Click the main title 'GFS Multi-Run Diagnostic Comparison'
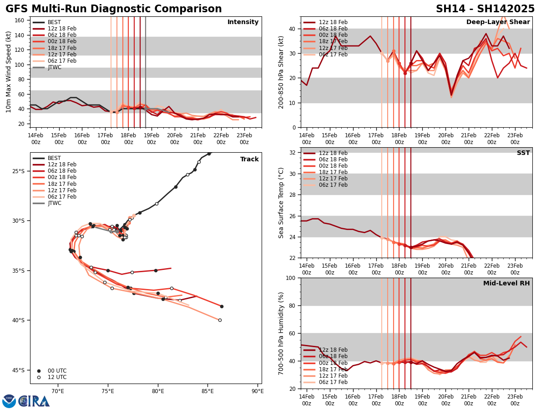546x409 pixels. coord(114,9)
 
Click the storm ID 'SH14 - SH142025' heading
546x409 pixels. coord(485,9)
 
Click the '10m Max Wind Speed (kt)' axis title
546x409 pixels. coord(9,72)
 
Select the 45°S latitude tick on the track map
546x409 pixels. coord(18,370)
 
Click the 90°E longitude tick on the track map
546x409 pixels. coord(258,391)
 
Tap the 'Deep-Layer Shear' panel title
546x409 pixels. coord(498,22)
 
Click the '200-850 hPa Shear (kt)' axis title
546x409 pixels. coord(281,72)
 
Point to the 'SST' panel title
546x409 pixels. coord(523,153)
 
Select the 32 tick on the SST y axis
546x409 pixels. coord(293,153)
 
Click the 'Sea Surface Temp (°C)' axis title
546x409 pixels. coord(281,203)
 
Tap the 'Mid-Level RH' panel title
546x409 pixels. coord(506,284)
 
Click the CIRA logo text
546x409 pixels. coord(34,401)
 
